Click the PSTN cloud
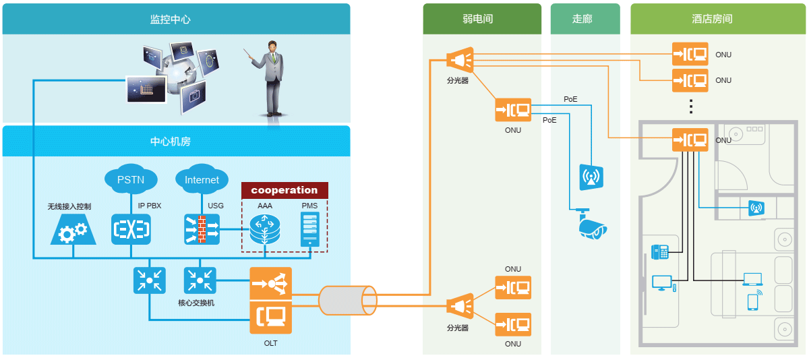131,180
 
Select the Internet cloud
202,180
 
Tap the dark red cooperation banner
285,190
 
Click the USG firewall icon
202,229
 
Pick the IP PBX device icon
131,229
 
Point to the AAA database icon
264,230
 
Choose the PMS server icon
309,229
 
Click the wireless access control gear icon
73,231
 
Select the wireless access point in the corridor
591,177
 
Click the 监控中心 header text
170,19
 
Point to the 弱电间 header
482,19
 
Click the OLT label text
270,343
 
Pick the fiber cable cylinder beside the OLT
348,299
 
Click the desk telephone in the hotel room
659,252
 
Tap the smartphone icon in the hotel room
752,302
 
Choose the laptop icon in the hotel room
752,279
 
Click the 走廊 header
582,19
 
